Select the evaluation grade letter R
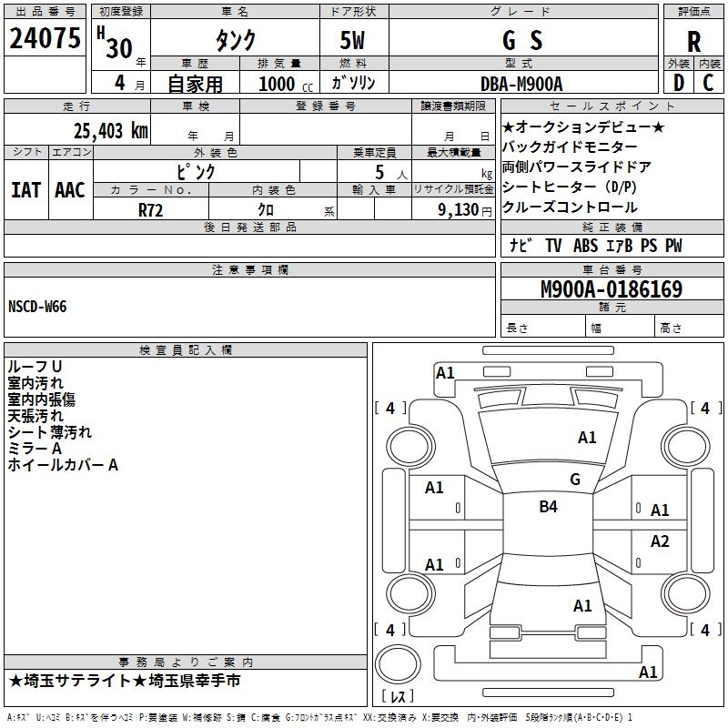693,42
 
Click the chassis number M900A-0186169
612,289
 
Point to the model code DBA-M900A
521,84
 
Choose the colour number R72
151,208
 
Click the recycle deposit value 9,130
455,208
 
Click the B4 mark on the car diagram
548,507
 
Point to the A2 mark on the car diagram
660,541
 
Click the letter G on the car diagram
575,480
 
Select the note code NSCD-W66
37,306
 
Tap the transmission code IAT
25,189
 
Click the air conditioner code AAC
70,189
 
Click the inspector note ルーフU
35,367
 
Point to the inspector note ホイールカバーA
63,465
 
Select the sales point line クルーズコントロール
570,207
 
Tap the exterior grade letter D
678,83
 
